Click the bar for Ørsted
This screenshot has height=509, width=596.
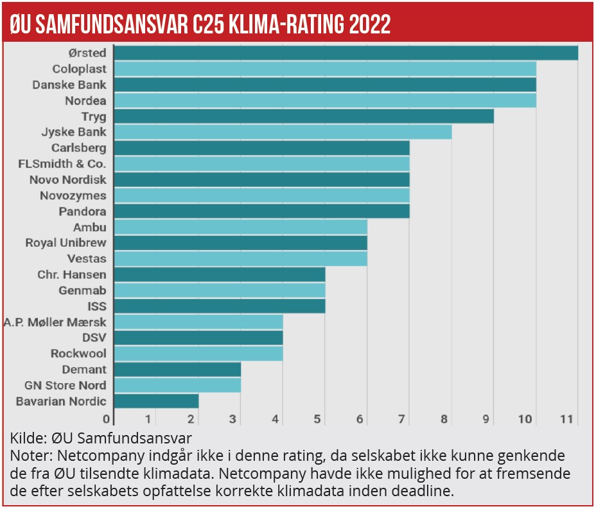(346, 53)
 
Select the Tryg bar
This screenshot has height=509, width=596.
(304, 116)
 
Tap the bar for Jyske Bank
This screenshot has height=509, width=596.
(283, 132)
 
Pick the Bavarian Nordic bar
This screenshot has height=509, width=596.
(156, 401)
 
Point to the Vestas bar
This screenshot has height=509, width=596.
(240, 258)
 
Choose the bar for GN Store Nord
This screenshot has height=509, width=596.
(177, 385)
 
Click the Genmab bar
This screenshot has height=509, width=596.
(219, 290)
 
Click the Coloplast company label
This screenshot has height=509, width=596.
(79, 69)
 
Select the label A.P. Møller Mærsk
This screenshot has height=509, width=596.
(55, 322)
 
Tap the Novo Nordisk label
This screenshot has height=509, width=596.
(68, 179)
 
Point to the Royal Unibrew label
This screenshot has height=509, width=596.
(66, 243)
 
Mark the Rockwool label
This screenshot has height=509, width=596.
(78, 353)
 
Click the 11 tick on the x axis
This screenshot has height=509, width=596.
(566, 420)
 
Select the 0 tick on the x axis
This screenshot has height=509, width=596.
(109, 420)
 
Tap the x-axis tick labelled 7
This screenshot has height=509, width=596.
(401, 420)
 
